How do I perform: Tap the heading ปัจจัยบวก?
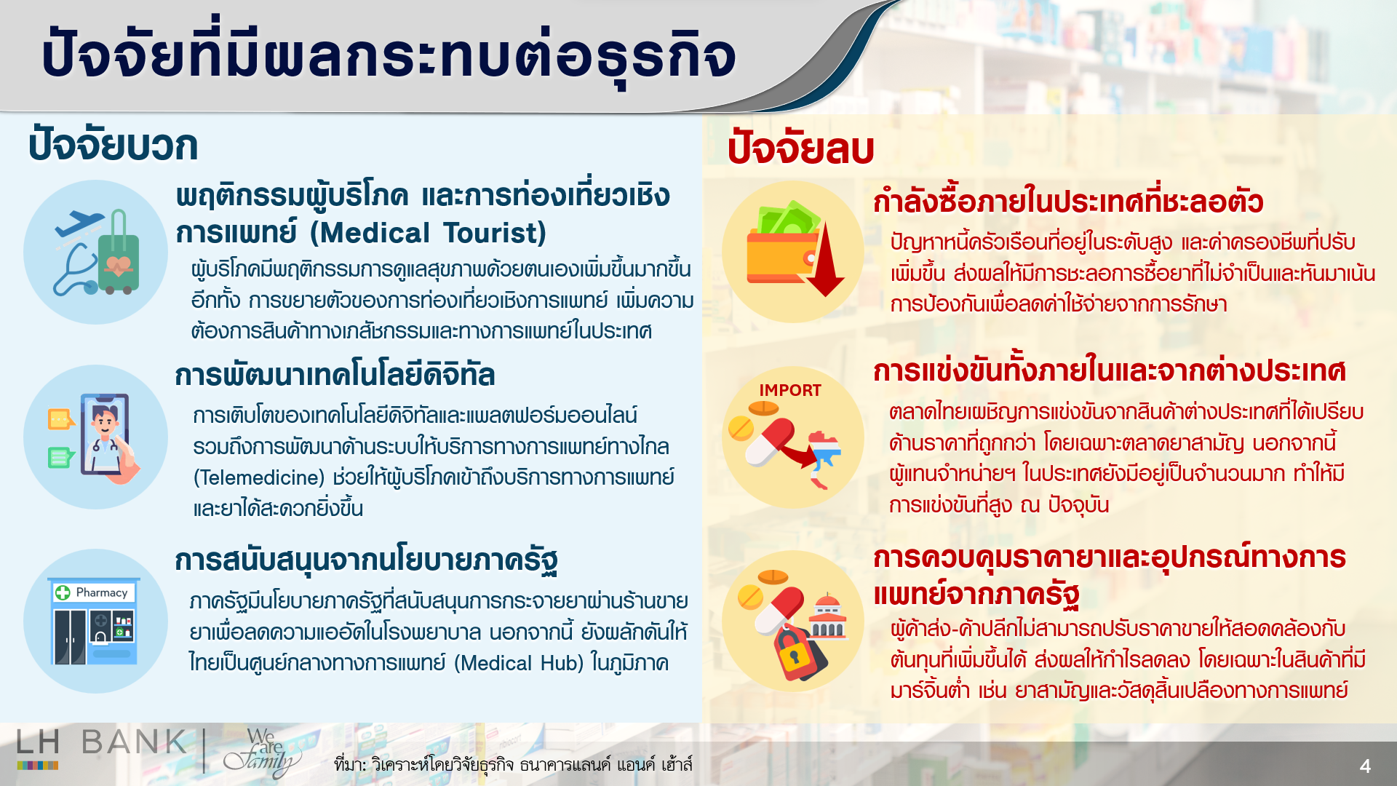click(113, 146)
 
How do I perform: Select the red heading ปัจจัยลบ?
click(800, 148)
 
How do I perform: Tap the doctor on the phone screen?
click(105, 433)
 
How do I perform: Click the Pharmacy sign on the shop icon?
click(95, 592)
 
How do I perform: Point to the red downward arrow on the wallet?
click(826, 262)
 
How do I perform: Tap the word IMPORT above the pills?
click(790, 391)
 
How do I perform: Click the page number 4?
click(1365, 766)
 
